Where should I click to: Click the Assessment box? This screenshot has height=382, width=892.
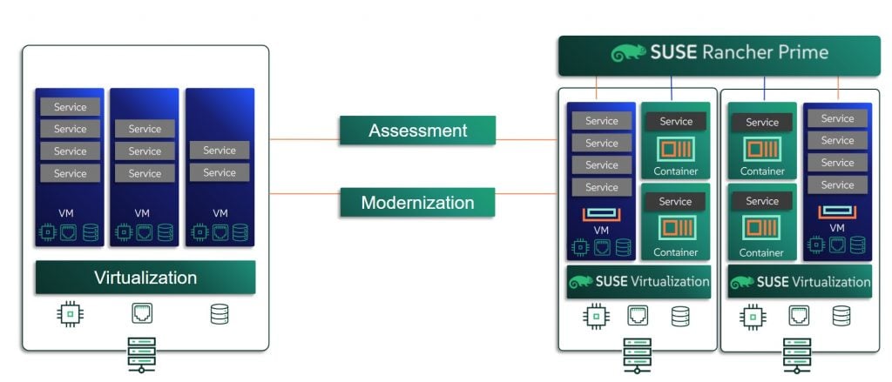point(417,131)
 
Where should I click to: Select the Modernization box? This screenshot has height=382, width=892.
point(417,203)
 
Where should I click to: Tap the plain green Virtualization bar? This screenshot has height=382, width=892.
point(145,278)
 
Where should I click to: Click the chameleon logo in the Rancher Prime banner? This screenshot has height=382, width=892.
point(628,53)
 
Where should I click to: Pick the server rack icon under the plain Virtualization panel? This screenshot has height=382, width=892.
point(141,354)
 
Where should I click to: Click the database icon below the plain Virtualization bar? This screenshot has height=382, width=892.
point(220,314)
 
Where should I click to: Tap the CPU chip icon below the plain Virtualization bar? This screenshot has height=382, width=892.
point(71,314)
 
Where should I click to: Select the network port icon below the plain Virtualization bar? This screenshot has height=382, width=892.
point(142,314)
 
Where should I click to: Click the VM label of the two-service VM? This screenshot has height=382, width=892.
point(220,212)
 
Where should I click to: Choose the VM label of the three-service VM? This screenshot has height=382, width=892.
point(143,212)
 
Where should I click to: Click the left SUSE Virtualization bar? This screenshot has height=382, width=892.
point(638,281)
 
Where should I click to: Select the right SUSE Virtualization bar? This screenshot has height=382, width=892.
point(800,282)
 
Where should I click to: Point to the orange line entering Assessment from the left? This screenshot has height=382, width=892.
point(305,138)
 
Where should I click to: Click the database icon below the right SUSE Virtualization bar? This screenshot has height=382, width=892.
point(841,316)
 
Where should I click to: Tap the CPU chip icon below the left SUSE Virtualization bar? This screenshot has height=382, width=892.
point(595,316)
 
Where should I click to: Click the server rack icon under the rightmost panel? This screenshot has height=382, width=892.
point(796,355)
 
